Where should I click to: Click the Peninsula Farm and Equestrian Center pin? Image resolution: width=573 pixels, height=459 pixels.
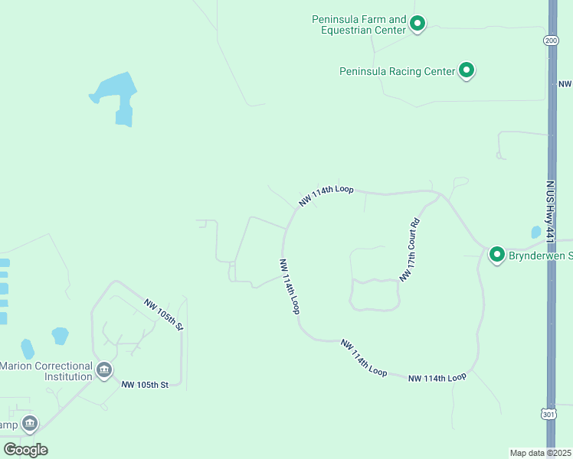coord(417,24)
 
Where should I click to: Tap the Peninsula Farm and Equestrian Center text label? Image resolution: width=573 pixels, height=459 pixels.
coord(359,24)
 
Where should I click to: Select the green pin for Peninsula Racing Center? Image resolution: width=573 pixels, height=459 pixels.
coord(467,70)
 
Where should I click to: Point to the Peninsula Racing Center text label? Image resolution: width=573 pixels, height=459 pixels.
coord(397,71)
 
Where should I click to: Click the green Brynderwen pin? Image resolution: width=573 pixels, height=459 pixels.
coord(496,254)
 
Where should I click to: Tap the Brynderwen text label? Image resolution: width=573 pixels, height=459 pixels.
coord(540,256)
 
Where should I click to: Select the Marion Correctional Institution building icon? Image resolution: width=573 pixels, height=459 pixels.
coord(104,371)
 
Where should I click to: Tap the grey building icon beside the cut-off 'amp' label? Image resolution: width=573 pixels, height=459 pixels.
coord(29,422)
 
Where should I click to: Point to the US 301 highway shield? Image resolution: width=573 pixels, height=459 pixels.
coord(548,414)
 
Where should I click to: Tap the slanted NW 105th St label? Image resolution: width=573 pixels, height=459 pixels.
coord(163,314)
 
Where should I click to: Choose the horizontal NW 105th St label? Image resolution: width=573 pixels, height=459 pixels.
coord(144,385)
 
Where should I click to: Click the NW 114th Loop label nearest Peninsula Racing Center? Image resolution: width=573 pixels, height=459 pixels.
coord(326,195)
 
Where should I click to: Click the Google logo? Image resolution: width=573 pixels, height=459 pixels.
coord(25,449)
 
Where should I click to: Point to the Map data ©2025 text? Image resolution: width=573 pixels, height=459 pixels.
coord(541,453)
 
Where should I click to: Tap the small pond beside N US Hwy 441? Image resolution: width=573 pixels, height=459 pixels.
coord(535,232)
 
